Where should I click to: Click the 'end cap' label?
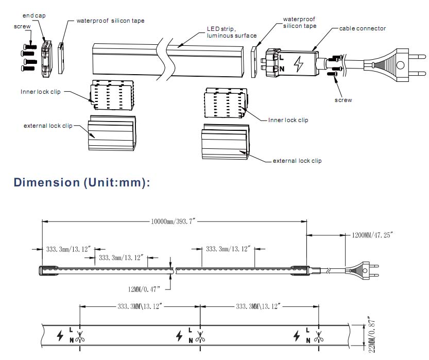(35, 16)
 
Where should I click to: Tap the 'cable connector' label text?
(362, 28)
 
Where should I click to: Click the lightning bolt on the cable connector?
(298, 63)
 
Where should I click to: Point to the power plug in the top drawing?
(403, 65)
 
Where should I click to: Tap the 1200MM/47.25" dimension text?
(372, 235)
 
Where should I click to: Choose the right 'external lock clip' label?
(297, 161)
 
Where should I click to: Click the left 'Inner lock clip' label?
(40, 92)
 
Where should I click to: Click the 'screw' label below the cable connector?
(343, 100)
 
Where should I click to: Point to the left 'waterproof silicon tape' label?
(110, 21)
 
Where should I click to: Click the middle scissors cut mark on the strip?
(200, 338)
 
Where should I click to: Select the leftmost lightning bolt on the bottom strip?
(60, 336)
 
